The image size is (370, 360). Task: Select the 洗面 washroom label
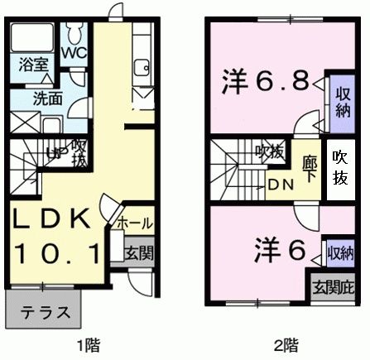26,97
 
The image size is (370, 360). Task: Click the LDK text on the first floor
52,218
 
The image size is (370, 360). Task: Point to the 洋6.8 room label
265,82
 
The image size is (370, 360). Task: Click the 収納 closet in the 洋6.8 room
339,99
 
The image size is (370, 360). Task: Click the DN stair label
279,185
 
